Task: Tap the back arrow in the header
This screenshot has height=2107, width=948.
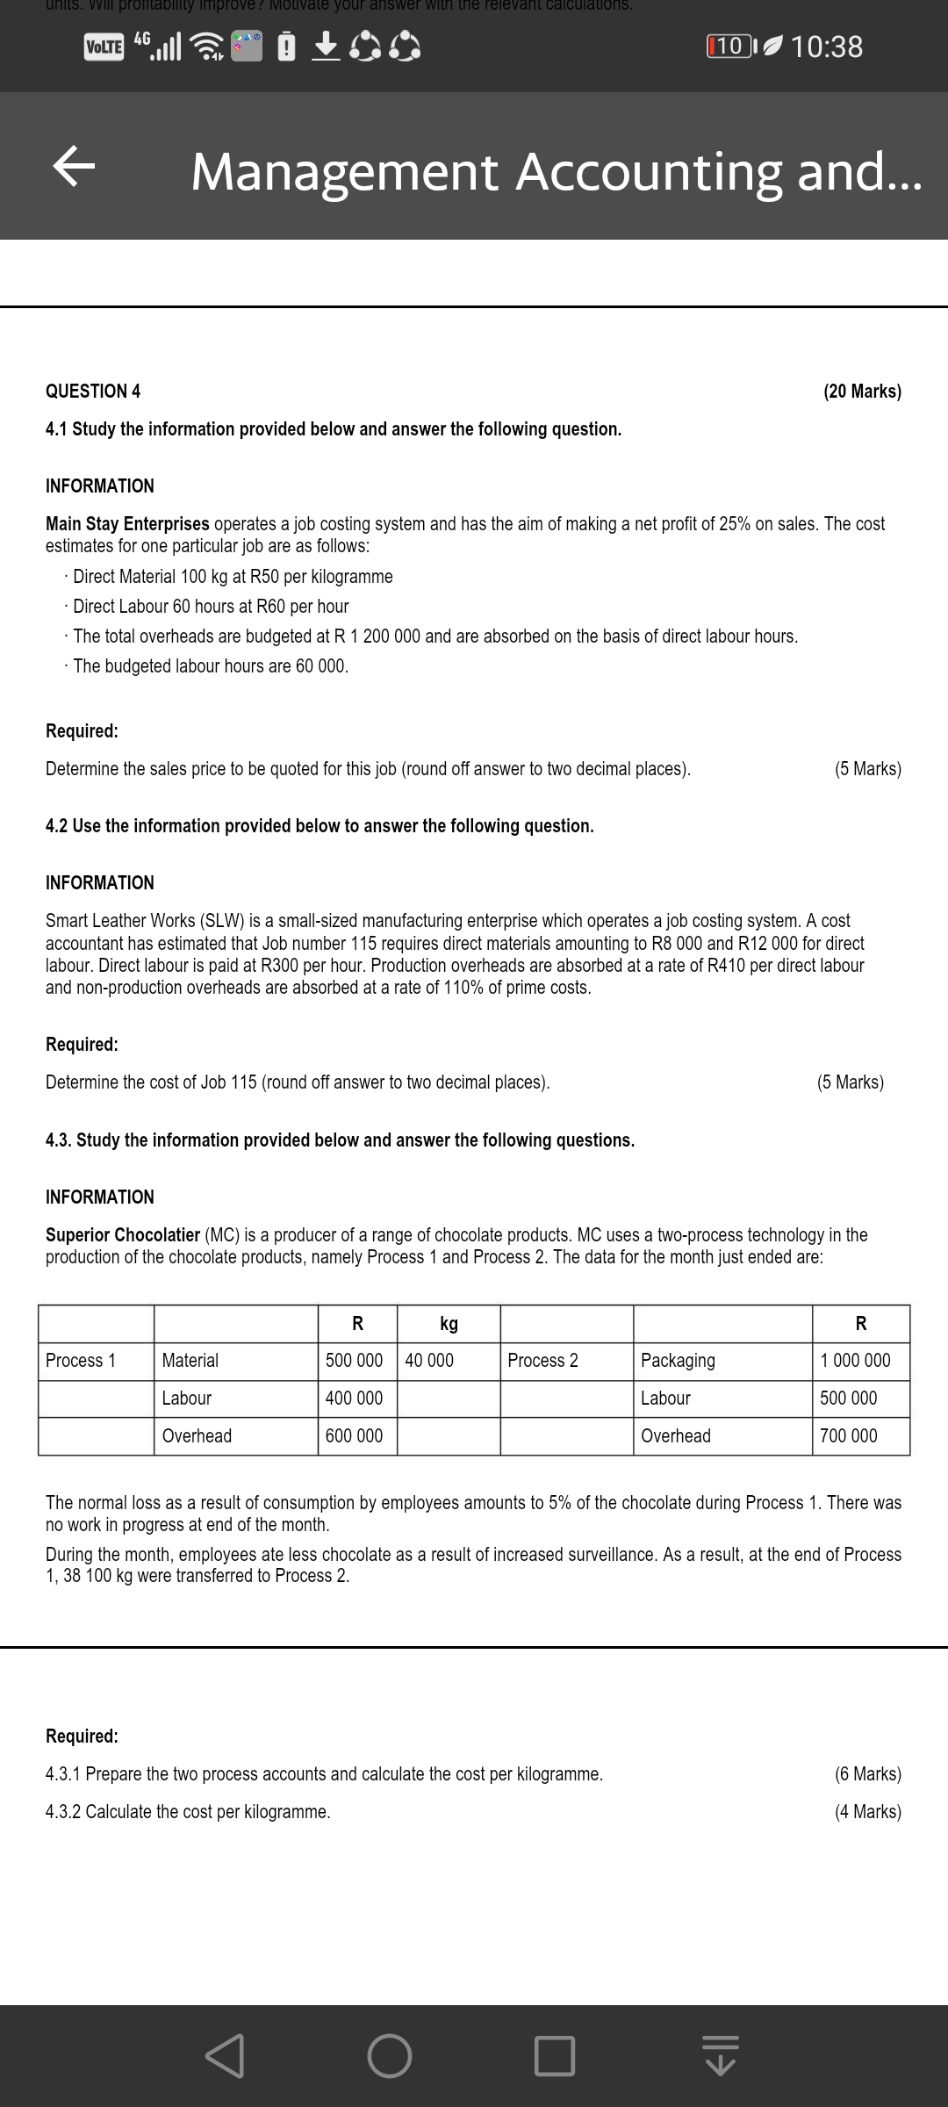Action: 74,168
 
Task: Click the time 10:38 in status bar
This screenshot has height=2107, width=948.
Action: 826,47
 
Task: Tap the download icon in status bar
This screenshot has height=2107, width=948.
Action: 326,47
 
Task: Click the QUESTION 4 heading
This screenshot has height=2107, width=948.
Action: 93,392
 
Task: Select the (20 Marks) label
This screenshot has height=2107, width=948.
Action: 862,392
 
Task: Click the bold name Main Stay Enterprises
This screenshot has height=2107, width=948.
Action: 127,524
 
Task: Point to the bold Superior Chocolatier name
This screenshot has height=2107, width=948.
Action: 123,1235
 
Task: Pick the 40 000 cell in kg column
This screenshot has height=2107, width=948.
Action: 429,1361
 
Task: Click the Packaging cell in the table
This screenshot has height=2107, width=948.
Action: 678,1361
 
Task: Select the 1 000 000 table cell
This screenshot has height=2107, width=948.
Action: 855,1361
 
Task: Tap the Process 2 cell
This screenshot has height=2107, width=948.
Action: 542,1361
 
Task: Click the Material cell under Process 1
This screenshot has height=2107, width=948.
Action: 190,1361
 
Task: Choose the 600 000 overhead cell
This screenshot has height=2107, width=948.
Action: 354,1436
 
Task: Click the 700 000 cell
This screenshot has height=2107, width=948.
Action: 848,1436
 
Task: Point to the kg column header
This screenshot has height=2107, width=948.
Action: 449,1324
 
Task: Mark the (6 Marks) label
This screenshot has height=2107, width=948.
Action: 867,1774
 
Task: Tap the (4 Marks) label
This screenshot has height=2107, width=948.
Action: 867,1812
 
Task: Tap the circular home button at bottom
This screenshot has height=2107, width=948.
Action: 389,2056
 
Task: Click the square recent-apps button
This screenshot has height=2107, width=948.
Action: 555,2056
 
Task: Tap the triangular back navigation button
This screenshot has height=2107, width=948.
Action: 226,2056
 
